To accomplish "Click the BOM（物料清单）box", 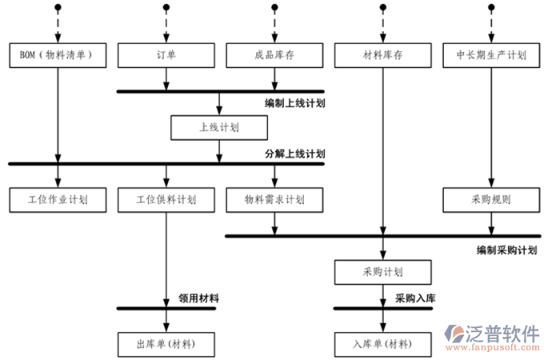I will click(57, 55).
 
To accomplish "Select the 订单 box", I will click(166, 55).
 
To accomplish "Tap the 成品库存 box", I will click(274, 55).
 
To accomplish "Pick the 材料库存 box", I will click(383, 55).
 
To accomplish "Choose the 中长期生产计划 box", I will click(491, 55).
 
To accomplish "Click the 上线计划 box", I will click(219, 127).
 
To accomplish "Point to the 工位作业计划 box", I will click(57, 199).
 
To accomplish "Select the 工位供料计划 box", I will click(166, 199).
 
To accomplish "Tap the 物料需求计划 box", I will click(274, 199).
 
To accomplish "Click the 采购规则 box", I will click(491, 199).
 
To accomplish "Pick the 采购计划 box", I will click(383, 272).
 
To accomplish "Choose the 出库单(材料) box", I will click(166, 344).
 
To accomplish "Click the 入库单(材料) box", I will click(383, 344).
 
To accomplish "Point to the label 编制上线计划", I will click(295, 103).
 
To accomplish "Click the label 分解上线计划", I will click(295, 154).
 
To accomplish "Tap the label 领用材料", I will click(199, 298).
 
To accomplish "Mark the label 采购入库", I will click(415, 298).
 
